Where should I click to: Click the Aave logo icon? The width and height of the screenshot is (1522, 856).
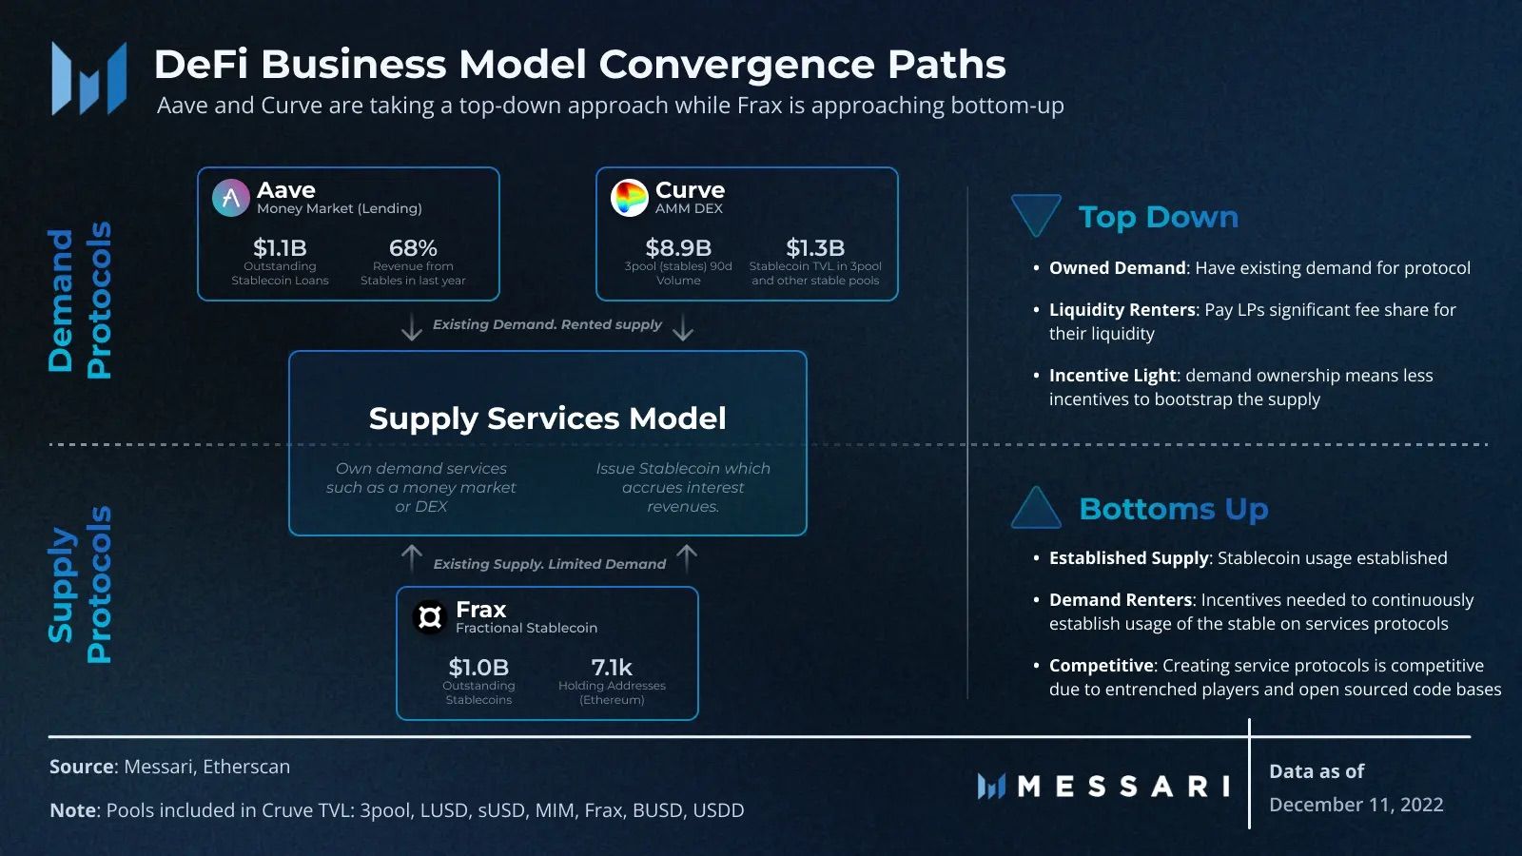point(231,198)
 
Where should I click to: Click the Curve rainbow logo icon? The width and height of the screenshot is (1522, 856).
point(629,198)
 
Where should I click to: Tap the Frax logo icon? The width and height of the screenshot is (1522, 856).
point(430,617)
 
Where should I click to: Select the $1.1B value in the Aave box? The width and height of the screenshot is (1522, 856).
point(280,248)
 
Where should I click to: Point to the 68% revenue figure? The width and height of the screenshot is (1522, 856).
point(413,248)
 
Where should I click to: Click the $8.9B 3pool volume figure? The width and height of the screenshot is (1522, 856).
point(678,248)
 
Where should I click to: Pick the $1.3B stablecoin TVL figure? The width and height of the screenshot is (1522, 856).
point(815,248)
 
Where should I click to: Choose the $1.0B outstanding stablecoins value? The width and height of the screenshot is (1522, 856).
point(478,667)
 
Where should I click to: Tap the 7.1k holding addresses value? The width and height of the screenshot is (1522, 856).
point(612,667)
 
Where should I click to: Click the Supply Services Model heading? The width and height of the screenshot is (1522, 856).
point(548,418)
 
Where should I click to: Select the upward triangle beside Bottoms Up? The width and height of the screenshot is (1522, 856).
point(1036,508)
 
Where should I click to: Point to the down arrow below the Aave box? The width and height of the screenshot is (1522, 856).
point(411,327)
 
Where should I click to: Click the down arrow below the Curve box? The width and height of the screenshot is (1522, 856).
point(683,327)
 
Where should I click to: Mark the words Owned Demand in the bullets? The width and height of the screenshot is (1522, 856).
point(1117,268)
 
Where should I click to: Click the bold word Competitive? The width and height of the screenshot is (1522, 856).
point(1101,666)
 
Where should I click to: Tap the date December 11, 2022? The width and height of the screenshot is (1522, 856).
point(1356,805)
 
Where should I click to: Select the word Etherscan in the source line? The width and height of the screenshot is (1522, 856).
point(246,767)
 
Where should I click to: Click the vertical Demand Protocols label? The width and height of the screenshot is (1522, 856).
point(80,301)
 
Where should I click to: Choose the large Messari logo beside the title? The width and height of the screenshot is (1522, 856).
point(89,79)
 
